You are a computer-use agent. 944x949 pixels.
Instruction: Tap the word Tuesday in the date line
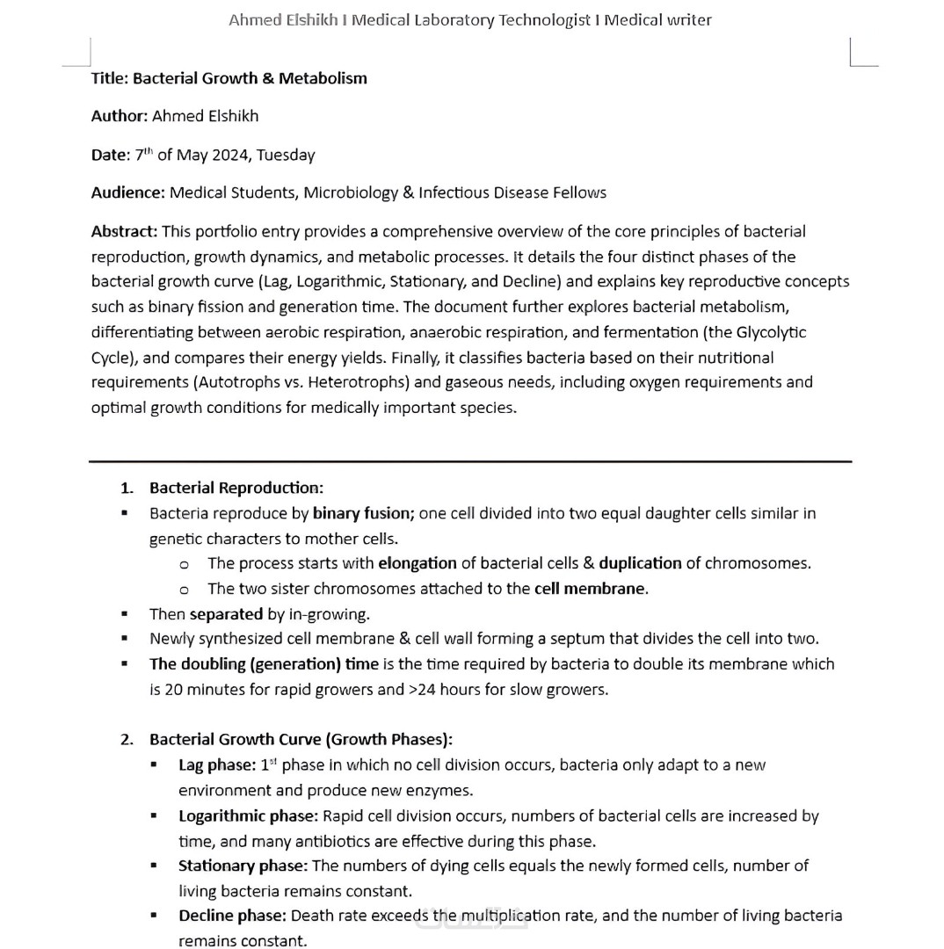click(286, 156)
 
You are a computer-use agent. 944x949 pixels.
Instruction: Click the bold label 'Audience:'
click(127, 192)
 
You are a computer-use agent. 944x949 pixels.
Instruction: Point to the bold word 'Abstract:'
click(124, 231)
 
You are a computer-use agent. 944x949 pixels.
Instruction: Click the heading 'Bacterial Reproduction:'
click(236, 488)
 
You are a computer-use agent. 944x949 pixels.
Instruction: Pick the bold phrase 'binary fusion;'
click(363, 513)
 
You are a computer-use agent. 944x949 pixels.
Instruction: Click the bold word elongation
click(418, 563)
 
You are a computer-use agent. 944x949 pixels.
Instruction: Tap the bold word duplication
click(640, 563)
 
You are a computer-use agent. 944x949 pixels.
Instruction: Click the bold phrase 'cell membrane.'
click(592, 589)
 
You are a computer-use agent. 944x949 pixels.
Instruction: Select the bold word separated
click(226, 614)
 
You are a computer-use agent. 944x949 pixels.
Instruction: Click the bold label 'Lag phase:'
click(217, 765)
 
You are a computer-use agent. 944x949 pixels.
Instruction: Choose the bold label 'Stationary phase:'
click(243, 866)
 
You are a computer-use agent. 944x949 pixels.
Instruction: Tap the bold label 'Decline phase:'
click(232, 916)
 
